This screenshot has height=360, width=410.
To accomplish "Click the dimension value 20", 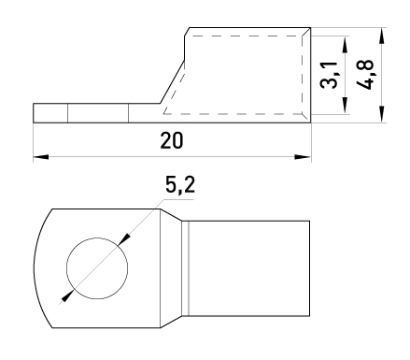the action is click(172, 140).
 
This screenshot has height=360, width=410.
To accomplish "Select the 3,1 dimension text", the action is click(329, 75).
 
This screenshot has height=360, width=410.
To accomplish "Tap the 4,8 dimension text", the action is click(365, 75).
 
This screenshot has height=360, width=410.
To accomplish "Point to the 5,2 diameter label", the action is click(180, 185).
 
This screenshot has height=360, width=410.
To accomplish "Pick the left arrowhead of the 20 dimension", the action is click(41, 156).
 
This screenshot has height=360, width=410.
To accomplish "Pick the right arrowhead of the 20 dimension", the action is click(303, 156).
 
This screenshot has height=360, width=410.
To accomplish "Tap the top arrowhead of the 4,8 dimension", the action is click(382, 36).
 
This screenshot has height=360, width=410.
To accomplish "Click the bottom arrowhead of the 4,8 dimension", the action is click(382, 115).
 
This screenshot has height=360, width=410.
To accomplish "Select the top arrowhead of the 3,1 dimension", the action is click(345, 44).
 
